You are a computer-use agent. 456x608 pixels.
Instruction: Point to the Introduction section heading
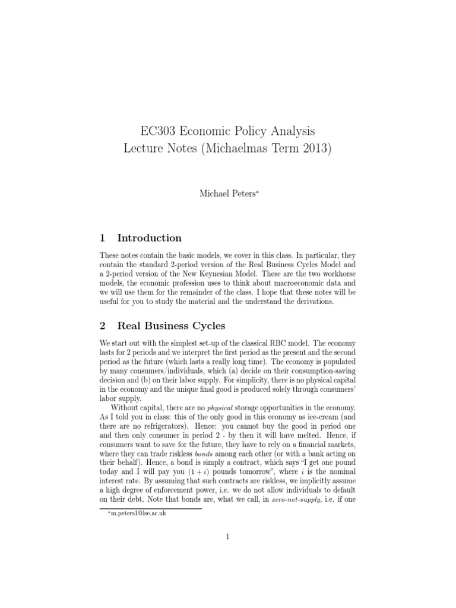coord(150,238)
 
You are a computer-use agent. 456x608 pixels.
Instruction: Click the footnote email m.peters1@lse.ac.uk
coord(137,513)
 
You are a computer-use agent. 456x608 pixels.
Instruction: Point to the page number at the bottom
coord(227,537)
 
